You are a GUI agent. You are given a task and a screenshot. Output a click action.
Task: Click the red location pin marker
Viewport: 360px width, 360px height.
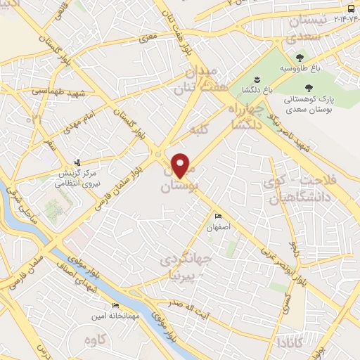pyautogui.click(x=181, y=165)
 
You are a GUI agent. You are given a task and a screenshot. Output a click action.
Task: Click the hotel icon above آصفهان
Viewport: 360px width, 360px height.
pyautogui.click(x=218, y=216)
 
